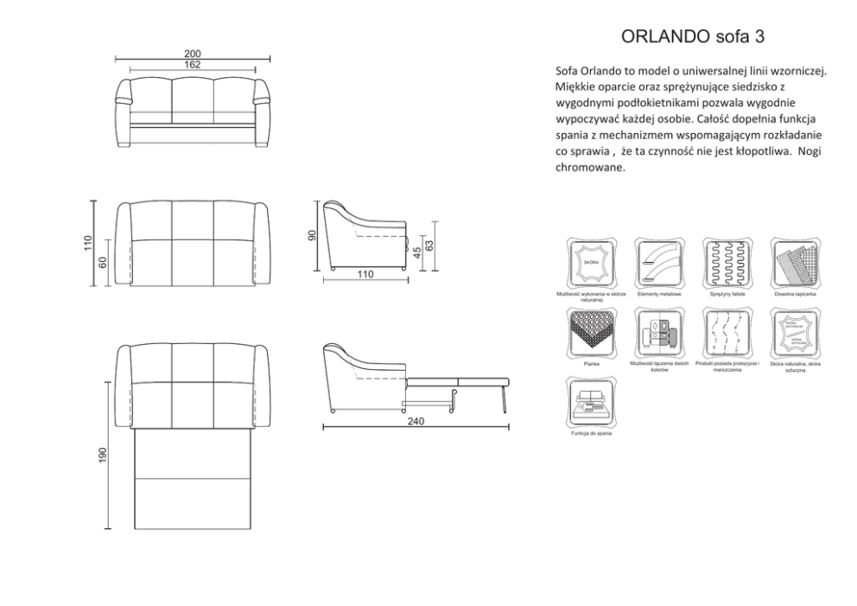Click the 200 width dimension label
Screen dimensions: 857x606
193,54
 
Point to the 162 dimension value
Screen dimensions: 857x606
193,65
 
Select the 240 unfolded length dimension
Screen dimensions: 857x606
416,421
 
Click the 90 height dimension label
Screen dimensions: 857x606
314,235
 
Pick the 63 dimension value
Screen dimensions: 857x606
428,246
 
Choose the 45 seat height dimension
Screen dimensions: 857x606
416,252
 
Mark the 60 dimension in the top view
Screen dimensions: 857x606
102,262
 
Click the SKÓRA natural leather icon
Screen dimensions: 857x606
591,261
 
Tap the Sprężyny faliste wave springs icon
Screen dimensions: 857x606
727,261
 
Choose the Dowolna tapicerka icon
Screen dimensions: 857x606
795,261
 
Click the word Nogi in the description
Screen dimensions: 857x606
810,150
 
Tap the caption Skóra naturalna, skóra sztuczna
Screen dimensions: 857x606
795,367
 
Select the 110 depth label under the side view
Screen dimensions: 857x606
365,274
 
